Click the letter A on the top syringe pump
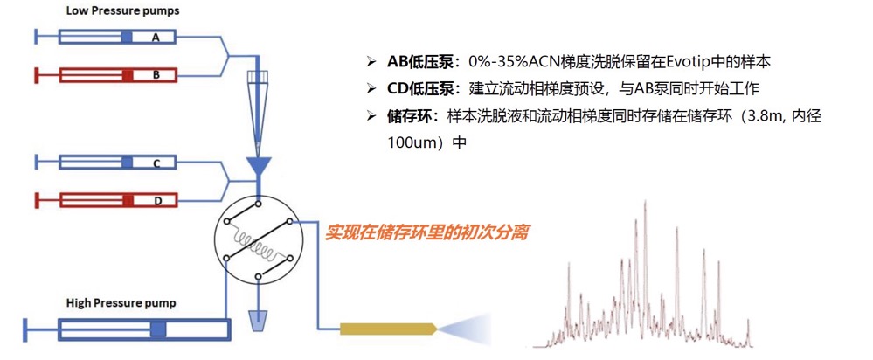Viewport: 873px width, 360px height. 156,38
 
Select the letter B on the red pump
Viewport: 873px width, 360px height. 156,74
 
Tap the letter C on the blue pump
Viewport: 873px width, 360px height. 157,163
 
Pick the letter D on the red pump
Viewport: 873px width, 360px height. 157,201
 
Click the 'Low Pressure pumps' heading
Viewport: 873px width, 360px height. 122,10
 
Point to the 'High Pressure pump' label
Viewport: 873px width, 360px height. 121,303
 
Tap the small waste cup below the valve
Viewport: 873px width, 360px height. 257,322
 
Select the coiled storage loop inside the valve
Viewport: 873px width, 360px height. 256,245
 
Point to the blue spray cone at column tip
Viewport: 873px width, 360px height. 466,329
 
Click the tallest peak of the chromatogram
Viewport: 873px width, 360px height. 645,204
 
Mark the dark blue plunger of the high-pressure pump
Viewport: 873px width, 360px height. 159,329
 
